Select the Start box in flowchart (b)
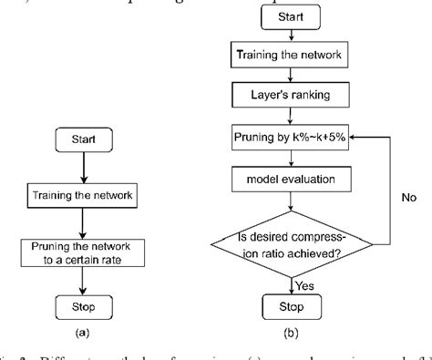(x=292, y=16)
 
